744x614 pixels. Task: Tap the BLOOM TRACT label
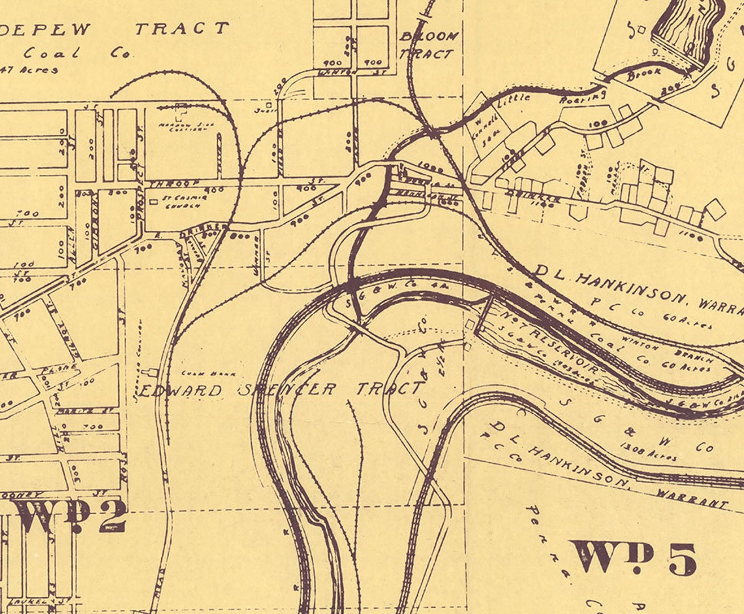[427, 45]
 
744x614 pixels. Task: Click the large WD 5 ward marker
[632, 557]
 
